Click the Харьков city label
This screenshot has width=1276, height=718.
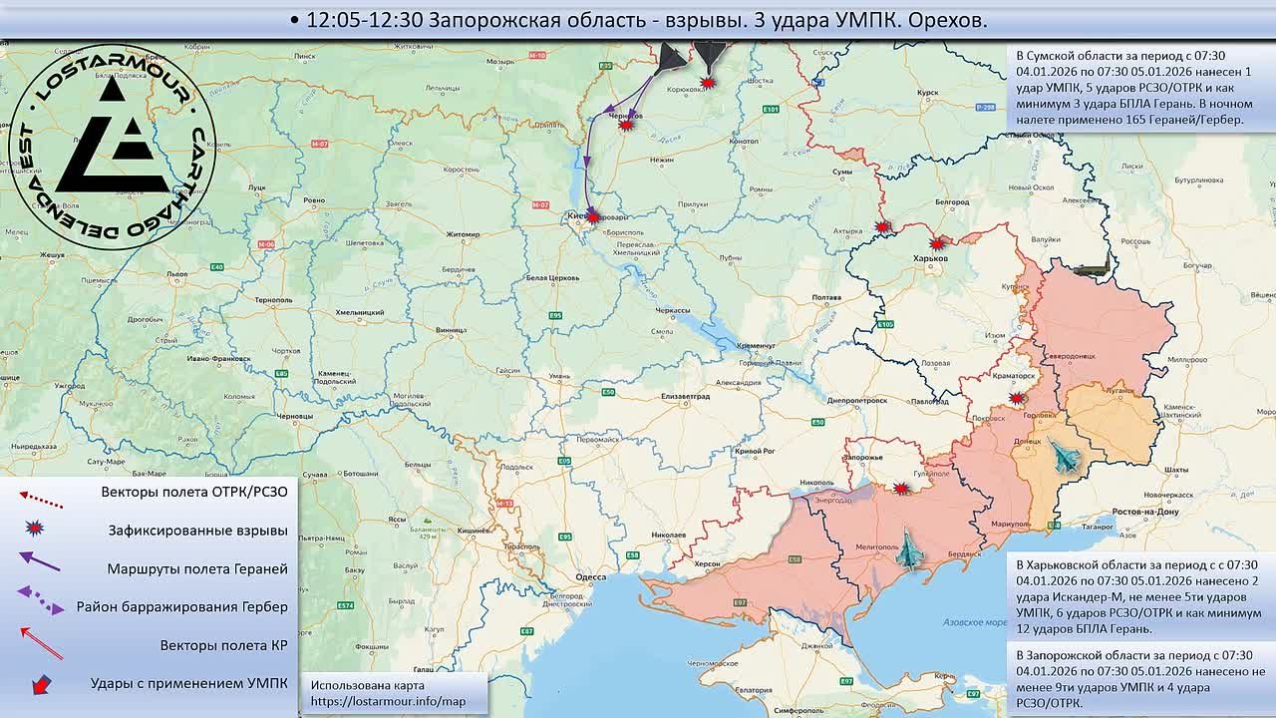tap(929, 258)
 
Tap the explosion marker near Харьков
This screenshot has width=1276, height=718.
tap(937, 243)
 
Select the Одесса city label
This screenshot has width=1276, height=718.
tap(591, 576)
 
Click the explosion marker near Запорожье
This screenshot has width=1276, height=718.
tap(901, 489)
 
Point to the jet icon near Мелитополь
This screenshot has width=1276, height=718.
tap(908, 551)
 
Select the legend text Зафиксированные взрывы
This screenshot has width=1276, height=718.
tap(197, 531)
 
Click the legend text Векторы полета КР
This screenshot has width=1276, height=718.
tap(223, 645)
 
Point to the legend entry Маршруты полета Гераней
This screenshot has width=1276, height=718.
tap(197, 568)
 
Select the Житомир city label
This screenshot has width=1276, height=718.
tap(463, 234)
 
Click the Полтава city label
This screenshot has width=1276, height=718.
tap(827, 298)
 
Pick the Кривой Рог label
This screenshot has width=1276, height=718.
tap(754, 452)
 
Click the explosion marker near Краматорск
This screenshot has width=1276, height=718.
tap(1016, 398)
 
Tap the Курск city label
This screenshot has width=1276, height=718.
tap(927, 93)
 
